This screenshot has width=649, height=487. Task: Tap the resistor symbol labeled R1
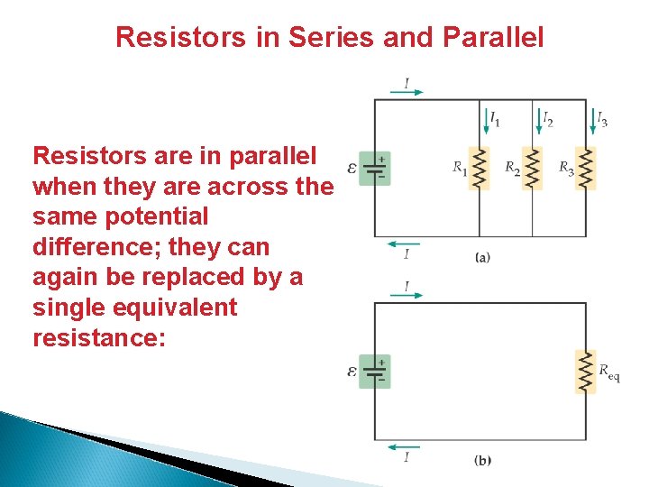coord(480,169)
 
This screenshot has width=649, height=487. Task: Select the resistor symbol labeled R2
coord(533,169)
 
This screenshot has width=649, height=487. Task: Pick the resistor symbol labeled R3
coord(586,169)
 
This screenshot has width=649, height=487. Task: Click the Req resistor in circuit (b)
coord(586,371)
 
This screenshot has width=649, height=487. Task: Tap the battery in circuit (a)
coord(375,169)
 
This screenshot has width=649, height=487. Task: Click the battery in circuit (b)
coord(375,371)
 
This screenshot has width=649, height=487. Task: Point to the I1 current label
coord(495,119)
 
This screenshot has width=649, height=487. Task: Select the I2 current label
coord(547,119)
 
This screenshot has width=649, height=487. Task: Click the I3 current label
coord(601,119)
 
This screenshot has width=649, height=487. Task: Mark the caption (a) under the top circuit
coord(482,258)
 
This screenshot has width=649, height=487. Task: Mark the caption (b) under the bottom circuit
coord(482,461)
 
